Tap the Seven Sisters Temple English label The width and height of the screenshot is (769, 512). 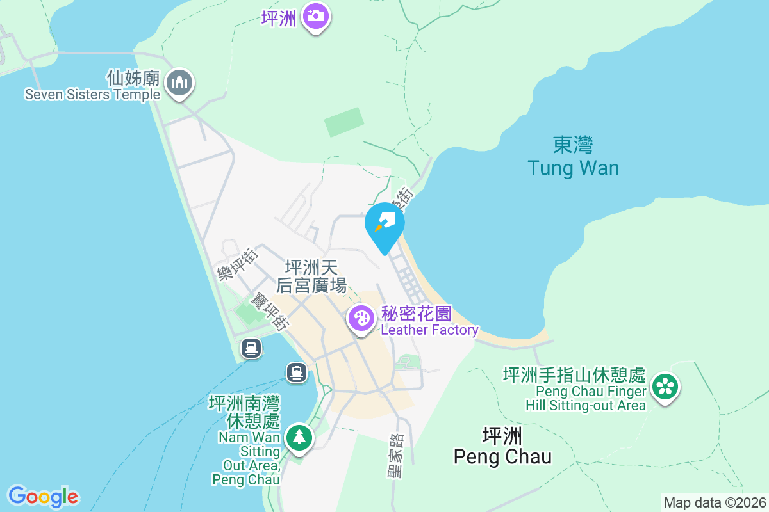pos(92,95)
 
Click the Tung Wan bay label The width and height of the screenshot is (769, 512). pos(574,168)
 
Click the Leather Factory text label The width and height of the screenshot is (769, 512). pos(429,330)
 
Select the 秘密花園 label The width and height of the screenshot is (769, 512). pos(417,314)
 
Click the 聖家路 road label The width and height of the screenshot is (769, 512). pos(395,456)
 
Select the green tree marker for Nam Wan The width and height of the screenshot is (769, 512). pos(298,438)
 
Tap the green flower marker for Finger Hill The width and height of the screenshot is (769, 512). pos(666,387)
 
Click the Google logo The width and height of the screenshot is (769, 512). pos(43,497)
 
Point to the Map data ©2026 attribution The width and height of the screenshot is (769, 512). pos(715,503)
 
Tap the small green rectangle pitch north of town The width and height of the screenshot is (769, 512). pos(344,122)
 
